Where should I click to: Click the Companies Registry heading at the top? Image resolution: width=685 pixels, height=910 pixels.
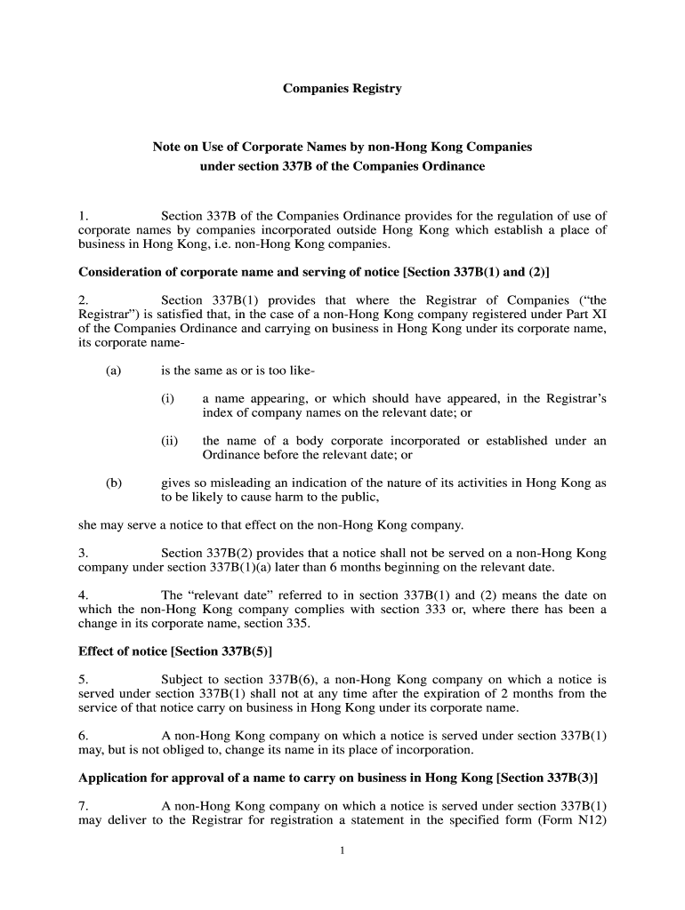pyautogui.click(x=342, y=89)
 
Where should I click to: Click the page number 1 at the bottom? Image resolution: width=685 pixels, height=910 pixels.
pyautogui.click(x=342, y=850)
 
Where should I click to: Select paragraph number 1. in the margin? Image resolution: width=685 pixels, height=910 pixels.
pyautogui.click(x=84, y=216)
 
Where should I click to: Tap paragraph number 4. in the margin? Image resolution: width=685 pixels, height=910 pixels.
pyautogui.click(x=84, y=595)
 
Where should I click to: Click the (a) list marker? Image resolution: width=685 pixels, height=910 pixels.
pyautogui.click(x=113, y=371)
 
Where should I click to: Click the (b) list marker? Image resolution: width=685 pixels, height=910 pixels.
pyautogui.click(x=113, y=483)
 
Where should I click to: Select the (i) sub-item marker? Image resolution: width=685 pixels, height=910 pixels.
pyautogui.click(x=167, y=399)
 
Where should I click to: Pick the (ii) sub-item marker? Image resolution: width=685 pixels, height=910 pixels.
pyautogui.click(x=169, y=441)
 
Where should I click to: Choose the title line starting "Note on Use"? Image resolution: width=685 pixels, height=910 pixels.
pyautogui.click(x=342, y=147)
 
